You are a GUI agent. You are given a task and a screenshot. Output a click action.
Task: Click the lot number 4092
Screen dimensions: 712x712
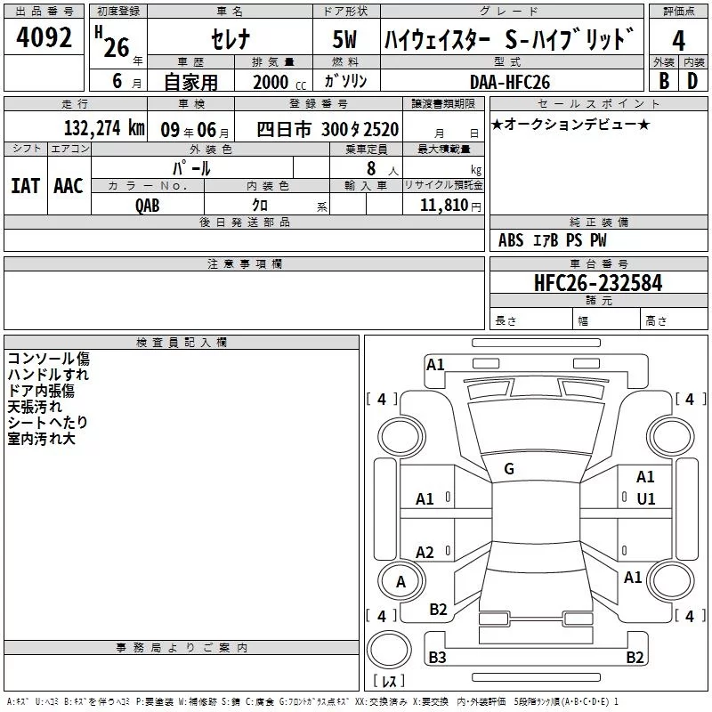tap(44, 37)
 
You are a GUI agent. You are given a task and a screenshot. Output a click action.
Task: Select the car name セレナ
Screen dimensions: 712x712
tap(231, 39)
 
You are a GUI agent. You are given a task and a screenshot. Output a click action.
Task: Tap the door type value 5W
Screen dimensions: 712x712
tap(344, 39)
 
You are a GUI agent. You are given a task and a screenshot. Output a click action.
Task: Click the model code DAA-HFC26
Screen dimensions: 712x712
tap(510, 82)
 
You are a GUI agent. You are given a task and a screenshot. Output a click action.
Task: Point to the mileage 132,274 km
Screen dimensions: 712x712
tap(104, 128)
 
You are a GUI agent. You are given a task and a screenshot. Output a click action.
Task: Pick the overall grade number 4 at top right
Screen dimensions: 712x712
tap(678, 41)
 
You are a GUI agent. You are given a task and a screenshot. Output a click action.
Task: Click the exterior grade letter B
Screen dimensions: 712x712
tap(664, 81)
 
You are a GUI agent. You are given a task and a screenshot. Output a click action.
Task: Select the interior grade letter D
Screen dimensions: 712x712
tap(692, 81)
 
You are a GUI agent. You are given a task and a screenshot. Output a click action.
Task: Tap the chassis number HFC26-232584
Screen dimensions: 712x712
tap(598, 283)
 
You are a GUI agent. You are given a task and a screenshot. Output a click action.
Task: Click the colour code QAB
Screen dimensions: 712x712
tap(148, 206)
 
